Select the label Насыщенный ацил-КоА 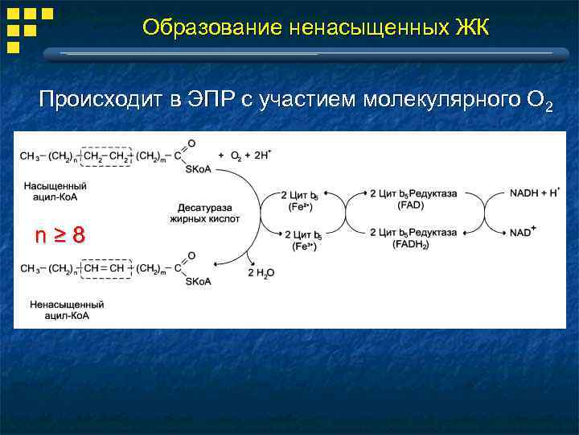55,191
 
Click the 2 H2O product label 260,273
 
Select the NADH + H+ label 535,193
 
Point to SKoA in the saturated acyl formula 198,168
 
